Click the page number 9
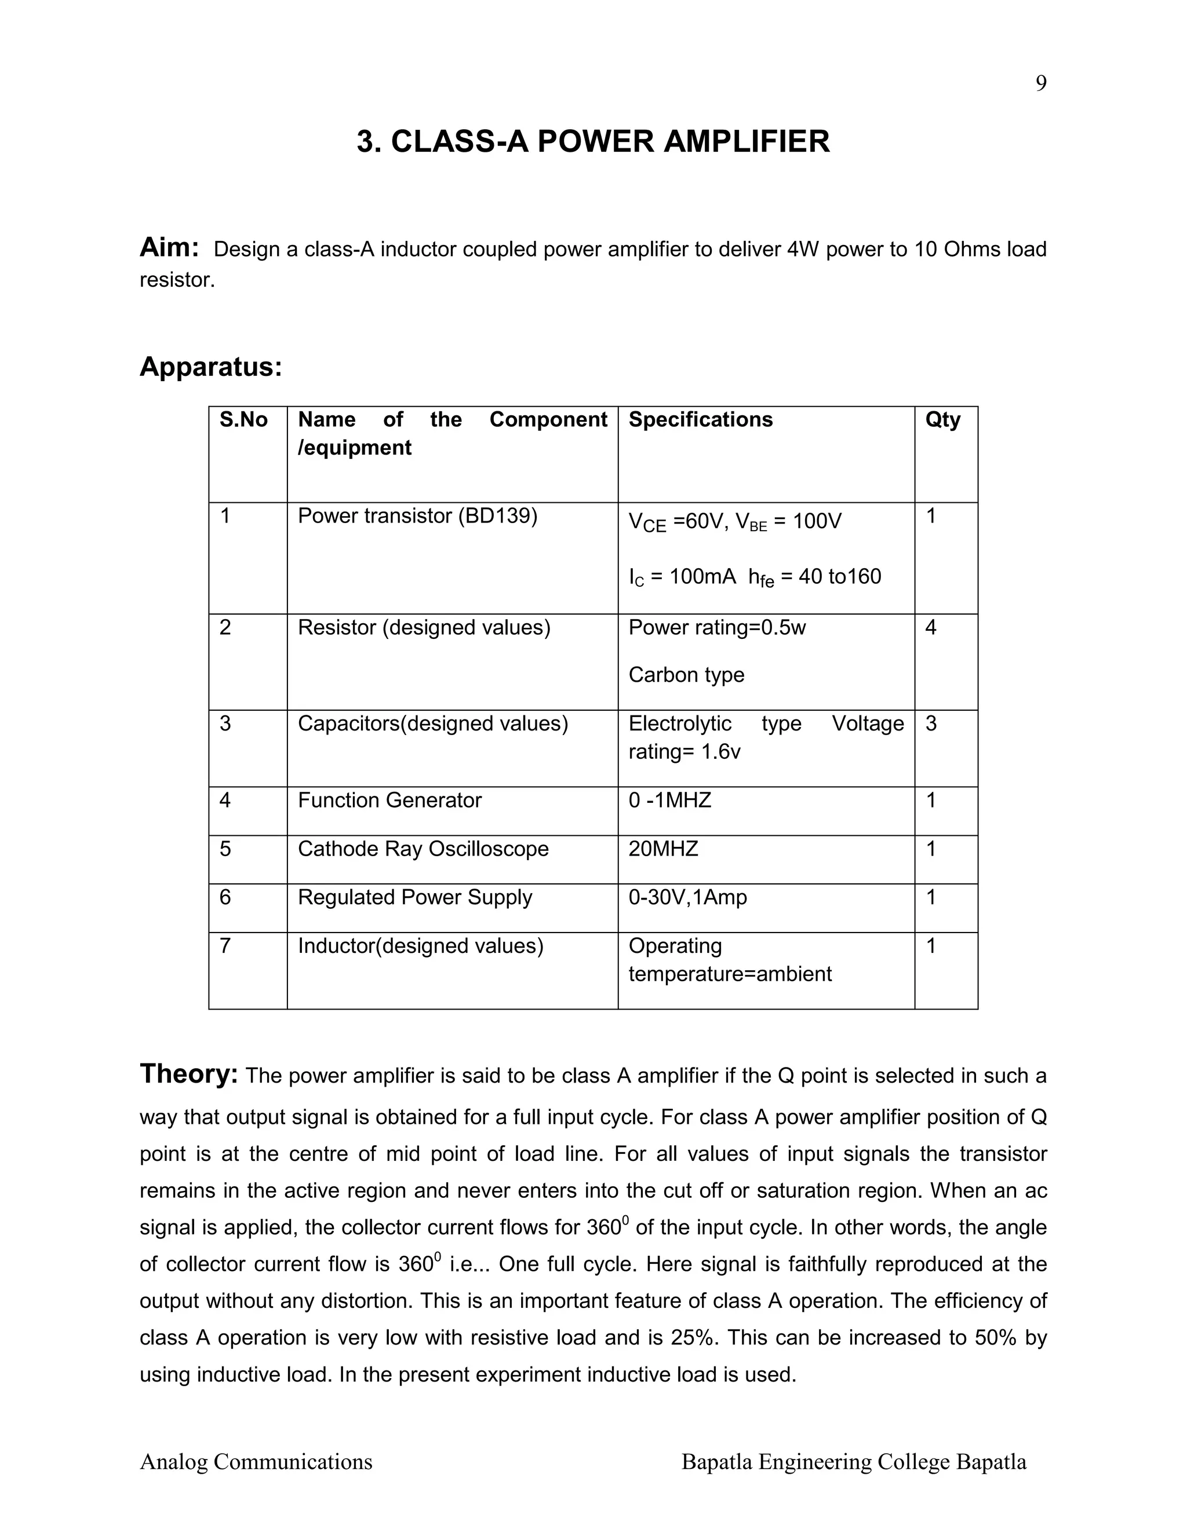click(x=1041, y=83)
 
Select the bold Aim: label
click(x=169, y=247)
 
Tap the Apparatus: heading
click(x=210, y=367)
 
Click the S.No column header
click(x=243, y=419)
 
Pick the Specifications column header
click(x=700, y=419)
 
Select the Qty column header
click(x=942, y=419)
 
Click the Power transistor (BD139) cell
click(x=417, y=516)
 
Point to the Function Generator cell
click(x=389, y=800)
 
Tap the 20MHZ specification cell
click(x=663, y=849)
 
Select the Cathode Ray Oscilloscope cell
click(x=423, y=849)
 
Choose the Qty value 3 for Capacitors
click(x=931, y=723)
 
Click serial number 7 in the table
click(x=225, y=945)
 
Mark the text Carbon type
click(x=686, y=675)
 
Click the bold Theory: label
click(x=188, y=1074)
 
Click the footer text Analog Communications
click(x=256, y=1462)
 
